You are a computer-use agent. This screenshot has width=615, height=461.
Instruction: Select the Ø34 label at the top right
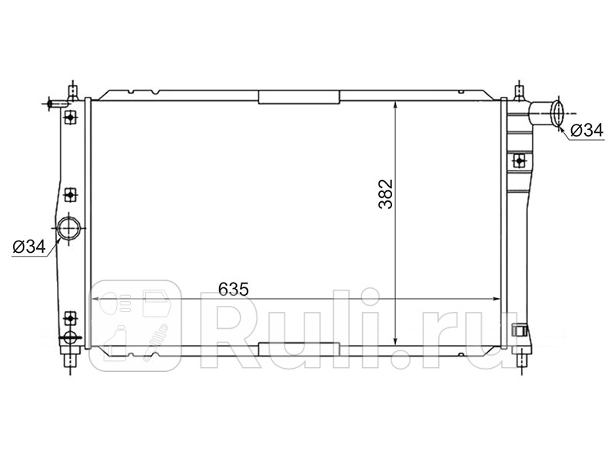tap(586, 131)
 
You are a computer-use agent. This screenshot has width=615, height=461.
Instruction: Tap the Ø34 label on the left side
tap(29, 246)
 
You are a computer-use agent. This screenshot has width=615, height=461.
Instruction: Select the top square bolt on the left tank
tap(71, 117)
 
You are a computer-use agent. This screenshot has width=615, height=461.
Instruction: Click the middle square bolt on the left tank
tap(71, 194)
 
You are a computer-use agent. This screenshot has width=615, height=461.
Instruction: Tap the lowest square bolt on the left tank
tap(71, 317)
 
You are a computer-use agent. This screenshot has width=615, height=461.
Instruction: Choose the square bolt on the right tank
tap(520, 161)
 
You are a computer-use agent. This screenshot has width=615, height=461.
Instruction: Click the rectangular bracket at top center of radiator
tap(299, 97)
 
